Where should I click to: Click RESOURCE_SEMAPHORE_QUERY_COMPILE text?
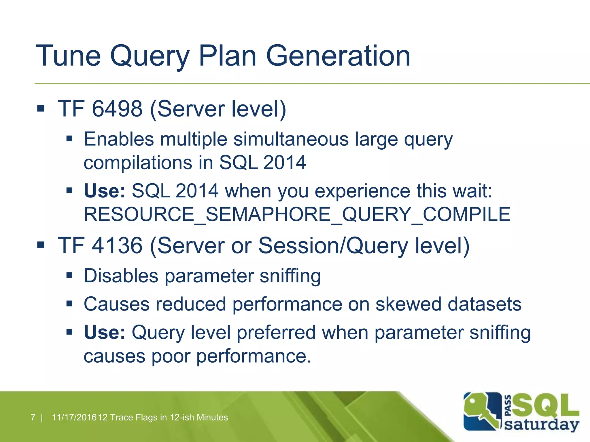pyautogui.click(x=297, y=214)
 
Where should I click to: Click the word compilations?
pyautogui.click(x=138, y=163)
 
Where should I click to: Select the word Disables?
pyautogui.click(x=121, y=276)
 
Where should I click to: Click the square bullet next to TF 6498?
pyautogui.click(x=41, y=108)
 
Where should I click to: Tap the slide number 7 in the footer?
pyautogui.click(x=33, y=417)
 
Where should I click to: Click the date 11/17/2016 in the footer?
pyautogui.click(x=74, y=417)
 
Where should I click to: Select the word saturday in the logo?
pyautogui.click(x=542, y=424)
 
